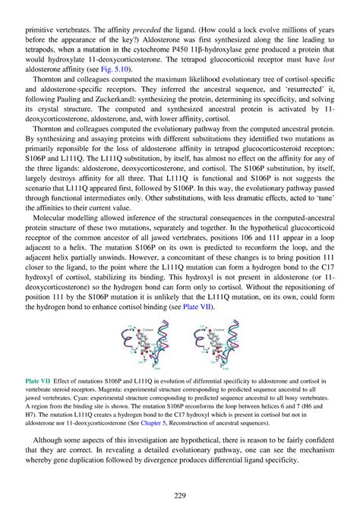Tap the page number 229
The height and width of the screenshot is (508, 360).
tap(180, 495)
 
